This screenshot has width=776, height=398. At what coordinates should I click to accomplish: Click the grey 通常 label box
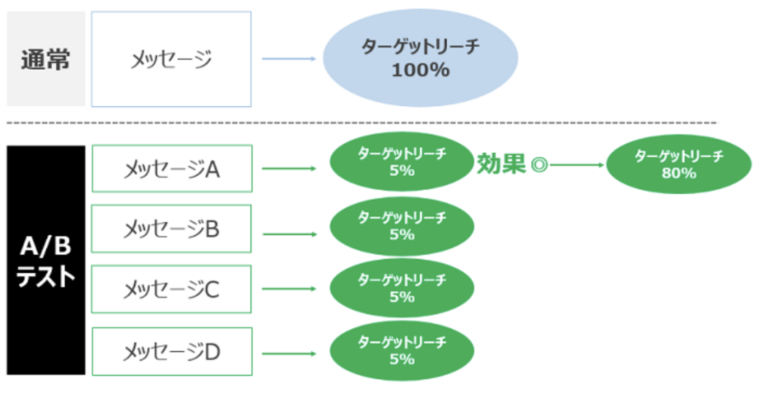[45, 59]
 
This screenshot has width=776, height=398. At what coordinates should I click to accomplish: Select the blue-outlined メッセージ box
[171, 59]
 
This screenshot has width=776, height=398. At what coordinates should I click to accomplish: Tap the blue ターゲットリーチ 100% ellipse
[421, 59]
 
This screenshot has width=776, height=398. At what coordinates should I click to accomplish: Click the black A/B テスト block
[46, 260]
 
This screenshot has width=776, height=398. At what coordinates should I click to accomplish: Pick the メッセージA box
[171, 169]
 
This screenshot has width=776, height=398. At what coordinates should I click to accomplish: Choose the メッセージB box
[171, 229]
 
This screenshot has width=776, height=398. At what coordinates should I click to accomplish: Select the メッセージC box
[171, 289]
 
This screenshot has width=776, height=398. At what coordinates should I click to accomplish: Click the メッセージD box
[171, 351]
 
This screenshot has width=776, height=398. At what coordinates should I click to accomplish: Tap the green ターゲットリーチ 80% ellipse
[678, 165]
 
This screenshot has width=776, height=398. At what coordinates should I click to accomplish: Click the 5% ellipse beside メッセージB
[402, 227]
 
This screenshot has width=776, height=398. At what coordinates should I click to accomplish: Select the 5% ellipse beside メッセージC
[402, 290]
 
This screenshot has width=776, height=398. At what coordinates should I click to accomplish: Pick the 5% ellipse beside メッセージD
[402, 351]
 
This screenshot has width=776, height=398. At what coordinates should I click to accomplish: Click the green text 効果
[500, 165]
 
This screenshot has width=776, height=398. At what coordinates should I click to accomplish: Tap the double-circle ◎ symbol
[539, 165]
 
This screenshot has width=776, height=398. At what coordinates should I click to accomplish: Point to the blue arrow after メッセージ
[289, 58]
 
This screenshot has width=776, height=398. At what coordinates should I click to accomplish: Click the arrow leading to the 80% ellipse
[577, 165]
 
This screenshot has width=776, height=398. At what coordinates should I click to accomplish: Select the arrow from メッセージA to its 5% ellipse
[289, 168]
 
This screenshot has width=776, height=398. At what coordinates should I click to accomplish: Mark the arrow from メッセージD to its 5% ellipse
[289, 353]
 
